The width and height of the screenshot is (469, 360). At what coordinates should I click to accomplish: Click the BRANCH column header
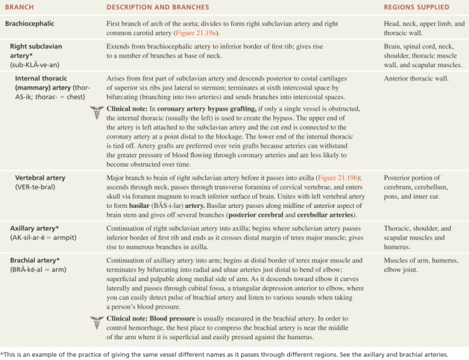20,7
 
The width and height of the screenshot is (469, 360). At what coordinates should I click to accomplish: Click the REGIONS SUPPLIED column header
416,7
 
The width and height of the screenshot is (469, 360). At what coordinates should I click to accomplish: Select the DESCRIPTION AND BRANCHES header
158,7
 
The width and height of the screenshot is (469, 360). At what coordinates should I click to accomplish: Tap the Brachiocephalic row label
30,23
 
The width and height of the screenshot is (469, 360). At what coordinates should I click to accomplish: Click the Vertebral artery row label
40,178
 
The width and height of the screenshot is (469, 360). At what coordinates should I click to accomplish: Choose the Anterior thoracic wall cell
416,78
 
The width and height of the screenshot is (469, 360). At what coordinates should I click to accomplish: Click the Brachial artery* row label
35,260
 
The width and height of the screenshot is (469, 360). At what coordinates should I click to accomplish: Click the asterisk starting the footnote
2,353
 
